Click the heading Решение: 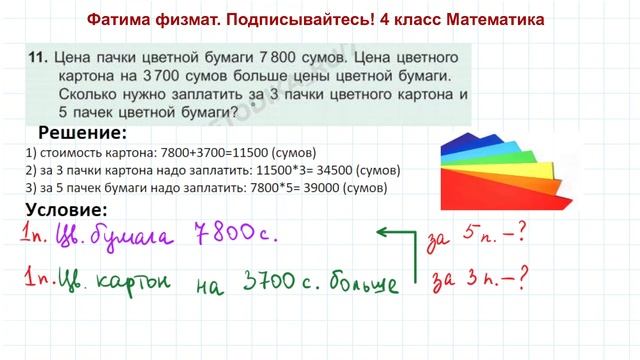pos(82,133)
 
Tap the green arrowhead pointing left pos(381,231)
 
